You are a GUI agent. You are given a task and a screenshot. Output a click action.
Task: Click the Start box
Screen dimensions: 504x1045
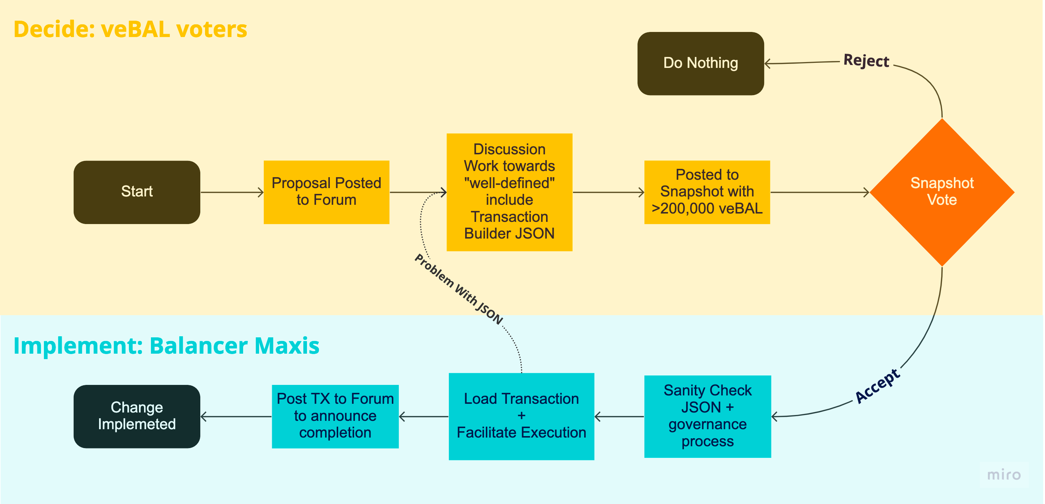point(137,192)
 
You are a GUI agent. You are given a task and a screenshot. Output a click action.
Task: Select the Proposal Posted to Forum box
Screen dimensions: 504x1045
point(326,192)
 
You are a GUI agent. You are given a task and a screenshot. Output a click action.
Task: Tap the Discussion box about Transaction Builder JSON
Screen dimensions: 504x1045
point(509,192)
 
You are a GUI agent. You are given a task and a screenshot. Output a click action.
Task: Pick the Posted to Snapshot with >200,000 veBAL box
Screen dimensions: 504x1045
point(707,192)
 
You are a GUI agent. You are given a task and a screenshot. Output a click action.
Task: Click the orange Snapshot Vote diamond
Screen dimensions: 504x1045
point(942,192)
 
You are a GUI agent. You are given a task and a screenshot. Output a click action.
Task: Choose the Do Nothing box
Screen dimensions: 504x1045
point(700,63)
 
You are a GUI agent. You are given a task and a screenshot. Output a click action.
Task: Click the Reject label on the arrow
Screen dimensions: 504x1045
point(866,61)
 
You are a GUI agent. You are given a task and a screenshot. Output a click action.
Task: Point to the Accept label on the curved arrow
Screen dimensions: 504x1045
point(877,386)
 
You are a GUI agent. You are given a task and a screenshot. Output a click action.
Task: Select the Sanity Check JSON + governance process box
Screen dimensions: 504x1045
point(707,416)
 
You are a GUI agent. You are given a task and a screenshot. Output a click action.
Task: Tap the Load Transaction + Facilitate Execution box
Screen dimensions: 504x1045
point(521,416)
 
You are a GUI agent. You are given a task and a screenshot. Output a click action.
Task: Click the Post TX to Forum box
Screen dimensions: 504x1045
point(335,416)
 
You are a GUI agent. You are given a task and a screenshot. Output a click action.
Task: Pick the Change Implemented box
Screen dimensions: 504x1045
point(137,416)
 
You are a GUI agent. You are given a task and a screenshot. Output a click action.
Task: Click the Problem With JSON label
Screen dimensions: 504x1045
point(458,289)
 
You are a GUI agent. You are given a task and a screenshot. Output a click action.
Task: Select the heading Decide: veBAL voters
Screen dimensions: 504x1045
point(130,29)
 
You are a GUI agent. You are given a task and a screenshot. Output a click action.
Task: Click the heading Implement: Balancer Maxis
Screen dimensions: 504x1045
point(166,346)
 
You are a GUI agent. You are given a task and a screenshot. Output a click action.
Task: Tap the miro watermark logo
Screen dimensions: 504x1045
point(1004,474)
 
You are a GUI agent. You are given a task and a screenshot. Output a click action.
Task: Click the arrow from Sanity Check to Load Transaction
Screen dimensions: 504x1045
point(619,416)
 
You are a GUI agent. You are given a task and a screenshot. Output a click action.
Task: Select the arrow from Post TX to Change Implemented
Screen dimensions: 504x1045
point(236,416)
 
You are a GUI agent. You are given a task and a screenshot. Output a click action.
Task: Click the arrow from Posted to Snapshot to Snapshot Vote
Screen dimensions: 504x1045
point(819,192)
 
